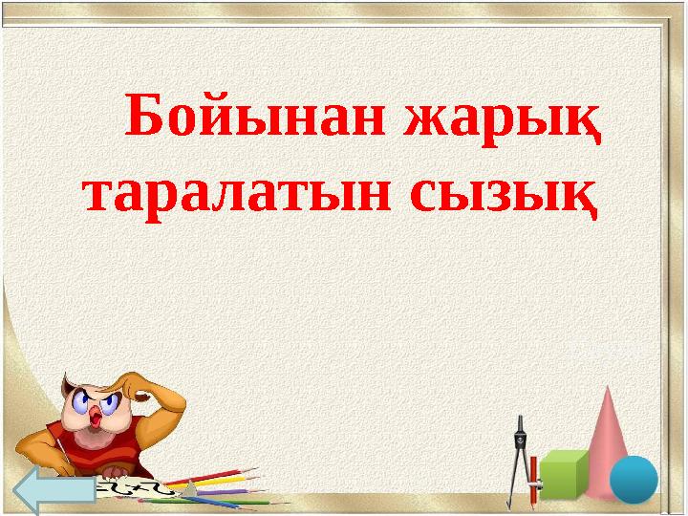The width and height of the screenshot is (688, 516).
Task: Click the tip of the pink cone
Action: tap(609, 391)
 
